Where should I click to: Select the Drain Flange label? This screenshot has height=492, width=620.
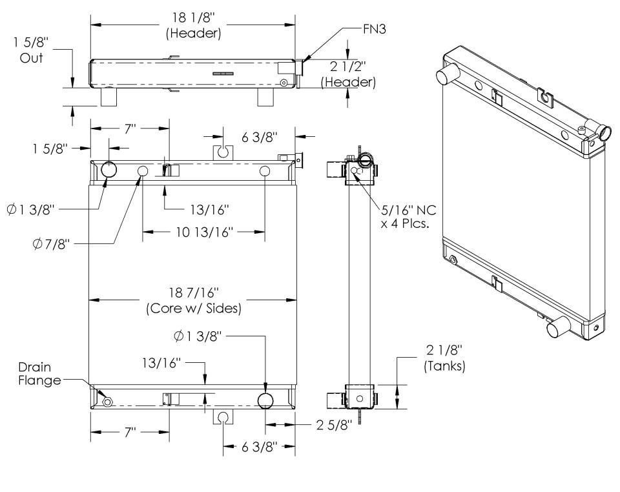pyautogui.click(x=39, y=374)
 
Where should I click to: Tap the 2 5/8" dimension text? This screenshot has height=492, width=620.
pyautogui.click(x=330, y=425)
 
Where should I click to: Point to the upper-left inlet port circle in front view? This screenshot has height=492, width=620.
pyautogui.click(x=108, y=170)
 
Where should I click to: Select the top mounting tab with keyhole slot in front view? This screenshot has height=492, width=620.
pyautogui.click(x=222, y=152)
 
